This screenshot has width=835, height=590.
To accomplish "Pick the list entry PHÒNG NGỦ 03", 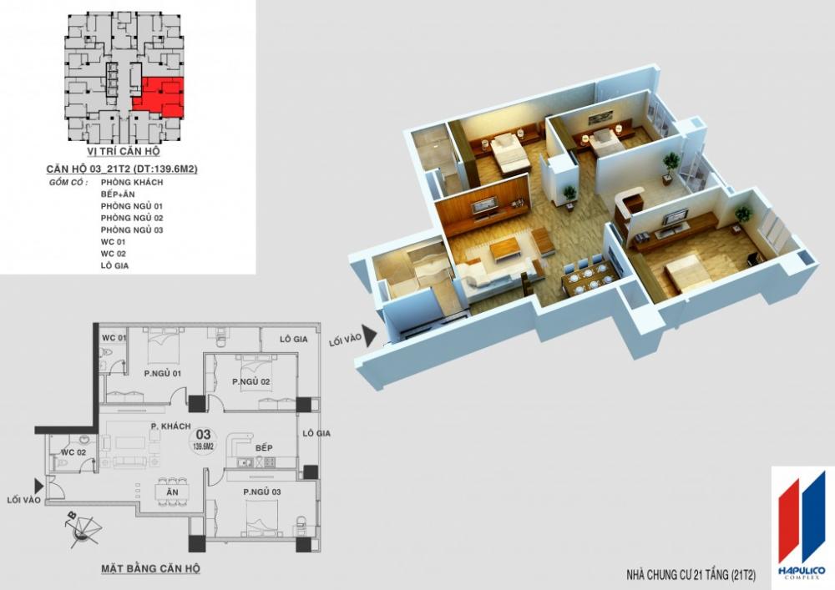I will [132, 229].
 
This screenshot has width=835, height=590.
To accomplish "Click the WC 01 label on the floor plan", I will [114, 338].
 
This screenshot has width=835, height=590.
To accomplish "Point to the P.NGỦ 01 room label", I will [163, 373].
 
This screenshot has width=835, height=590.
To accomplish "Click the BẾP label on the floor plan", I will [265, 448].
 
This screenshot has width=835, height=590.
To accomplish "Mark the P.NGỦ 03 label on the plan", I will [263, 492].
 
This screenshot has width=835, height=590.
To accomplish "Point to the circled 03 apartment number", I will [203, 437].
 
